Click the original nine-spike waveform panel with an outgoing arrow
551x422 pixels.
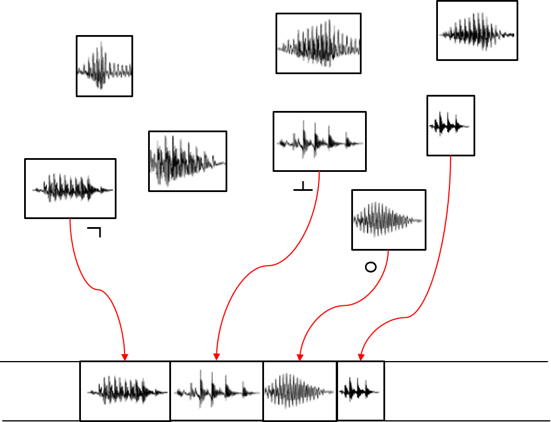click(x=70, y=189)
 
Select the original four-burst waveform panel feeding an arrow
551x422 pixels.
click(x=319, y=141)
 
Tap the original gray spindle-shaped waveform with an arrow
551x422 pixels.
click(x=389, y=220)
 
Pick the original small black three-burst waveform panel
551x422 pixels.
click(x=451, y=125)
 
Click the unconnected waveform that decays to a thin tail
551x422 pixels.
click(x=187, y=160)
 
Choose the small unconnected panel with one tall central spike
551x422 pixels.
click(x=104, y=66)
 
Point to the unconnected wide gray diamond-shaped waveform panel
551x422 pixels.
click(x=318, y=44)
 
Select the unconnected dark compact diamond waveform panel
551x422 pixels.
click(x=477, y=30)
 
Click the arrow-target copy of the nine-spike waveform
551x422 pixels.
click(x=125, y=391)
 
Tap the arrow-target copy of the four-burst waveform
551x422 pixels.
click(x=216, y=391)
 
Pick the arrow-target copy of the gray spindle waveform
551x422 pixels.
click(x=300, y=391)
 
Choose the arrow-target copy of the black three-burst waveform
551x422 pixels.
click(x=360, y=391)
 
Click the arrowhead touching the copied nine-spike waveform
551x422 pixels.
click(x=125, y=357)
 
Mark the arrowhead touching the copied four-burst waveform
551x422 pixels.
click(x=216, y=357)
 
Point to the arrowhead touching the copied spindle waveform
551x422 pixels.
click(x=300, y=357)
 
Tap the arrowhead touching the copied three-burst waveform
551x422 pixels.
click(x=361, y=357)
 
